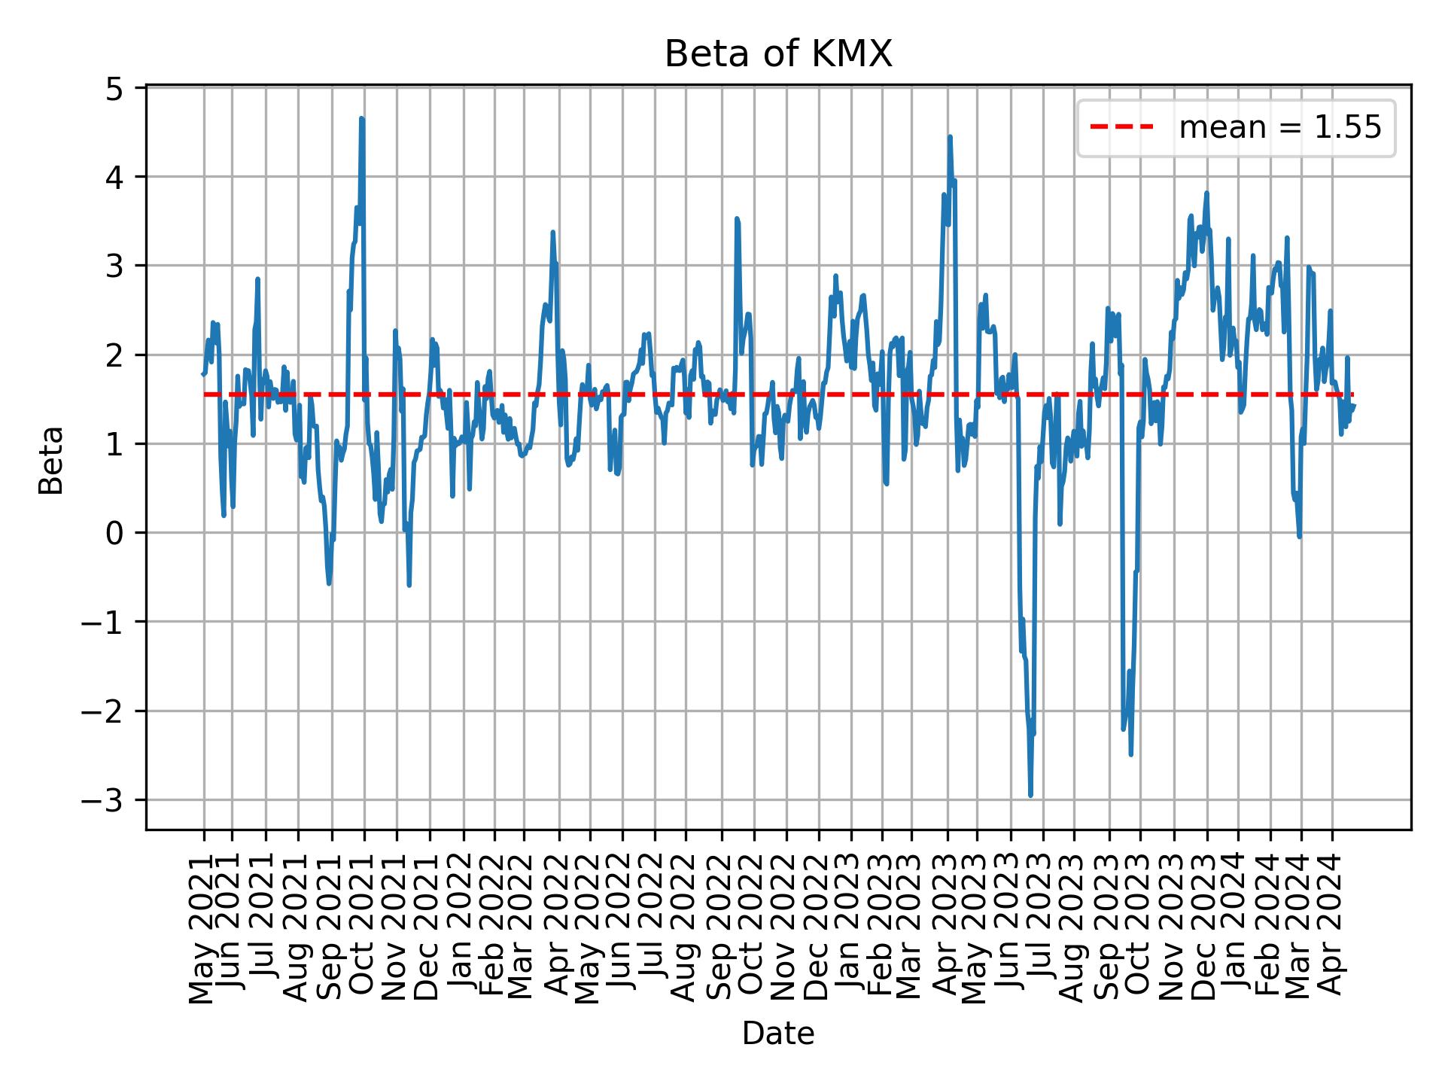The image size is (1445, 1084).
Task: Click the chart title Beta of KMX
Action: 778,55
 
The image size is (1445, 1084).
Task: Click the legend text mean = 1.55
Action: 1279,128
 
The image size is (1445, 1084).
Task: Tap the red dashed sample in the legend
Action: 1121,128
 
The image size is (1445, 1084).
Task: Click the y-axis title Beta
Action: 51,460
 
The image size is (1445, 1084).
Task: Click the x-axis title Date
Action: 778,1034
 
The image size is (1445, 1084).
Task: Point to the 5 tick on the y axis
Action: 114,89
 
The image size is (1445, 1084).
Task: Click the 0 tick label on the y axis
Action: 114,533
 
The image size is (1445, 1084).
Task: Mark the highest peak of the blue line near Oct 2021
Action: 362,118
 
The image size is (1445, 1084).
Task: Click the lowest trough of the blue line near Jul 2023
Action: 1030,795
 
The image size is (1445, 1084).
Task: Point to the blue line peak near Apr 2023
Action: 950,137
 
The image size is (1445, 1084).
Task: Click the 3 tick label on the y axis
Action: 114,266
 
